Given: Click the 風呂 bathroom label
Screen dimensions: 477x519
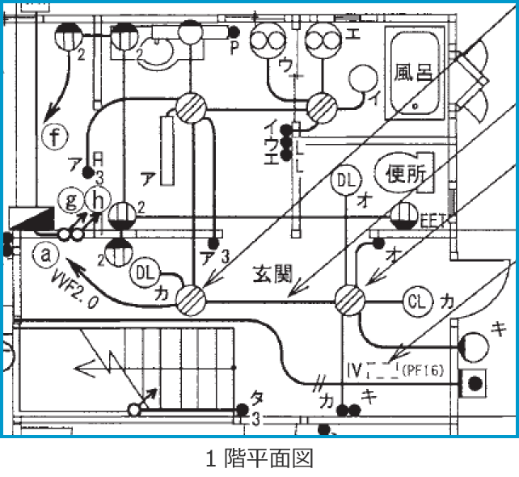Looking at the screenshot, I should [x=413, y=72].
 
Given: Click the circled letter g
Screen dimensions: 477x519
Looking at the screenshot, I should [x=71, y=198].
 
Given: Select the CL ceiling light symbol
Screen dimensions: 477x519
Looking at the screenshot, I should [x=416, y=302].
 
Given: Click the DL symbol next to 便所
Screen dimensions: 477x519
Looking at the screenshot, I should [x=344, y=180].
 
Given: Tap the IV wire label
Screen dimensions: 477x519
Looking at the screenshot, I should [x=353, y=371].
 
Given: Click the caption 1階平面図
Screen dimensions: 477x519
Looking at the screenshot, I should [x=259, y=458].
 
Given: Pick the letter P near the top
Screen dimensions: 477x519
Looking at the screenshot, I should [x=234, y=46].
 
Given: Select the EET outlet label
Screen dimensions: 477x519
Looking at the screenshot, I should [x=429, y=217].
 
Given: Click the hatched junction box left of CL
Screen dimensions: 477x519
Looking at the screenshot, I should [x=352, y=300].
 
